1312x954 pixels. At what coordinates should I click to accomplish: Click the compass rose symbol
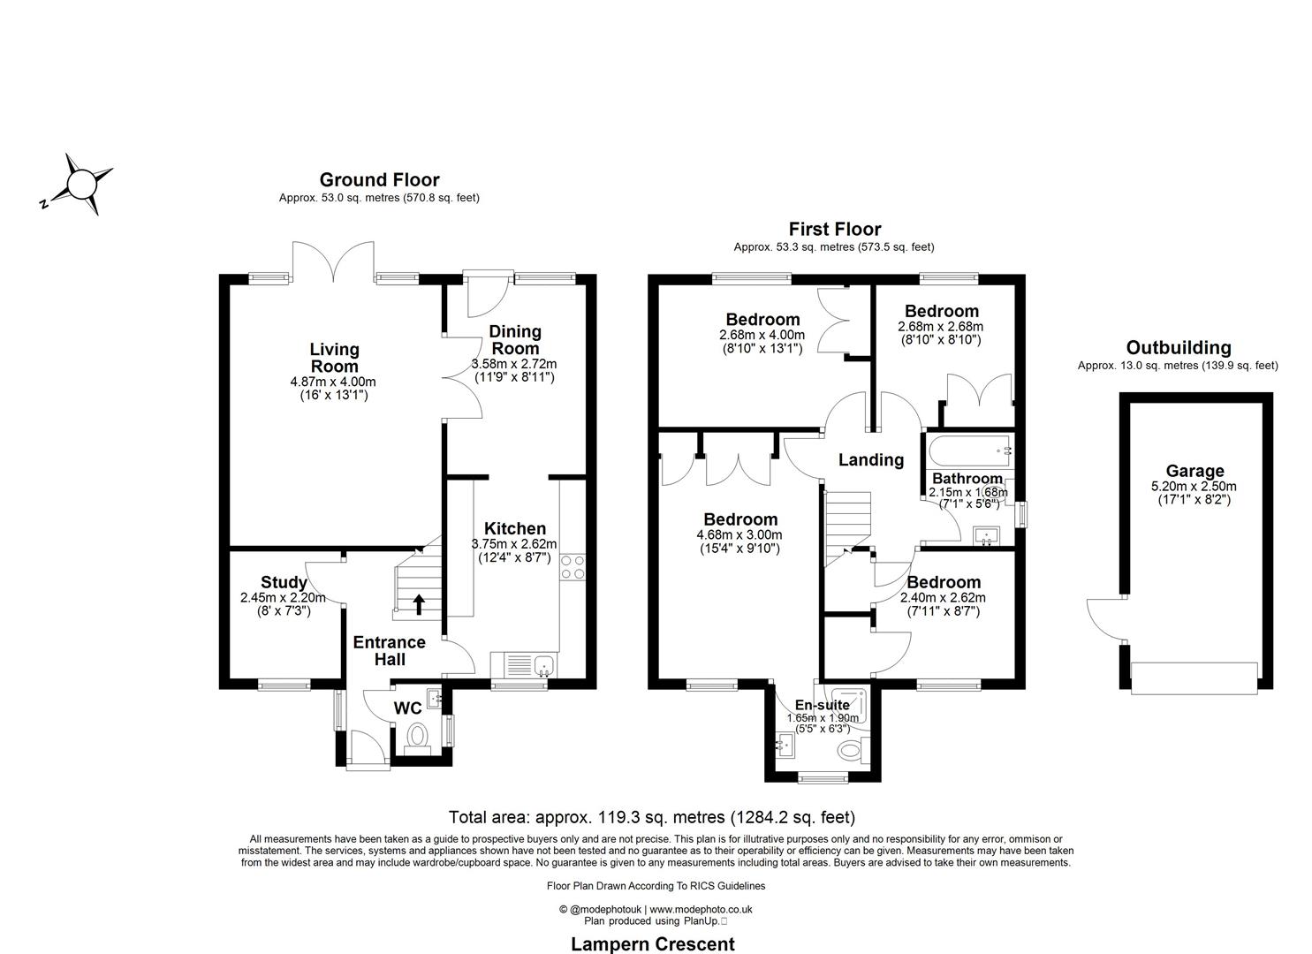[80, 185]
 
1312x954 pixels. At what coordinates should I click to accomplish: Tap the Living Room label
[334, 358]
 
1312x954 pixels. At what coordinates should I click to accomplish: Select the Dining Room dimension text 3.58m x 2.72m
[514, 364]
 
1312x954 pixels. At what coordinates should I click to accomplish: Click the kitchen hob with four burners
[573, 566]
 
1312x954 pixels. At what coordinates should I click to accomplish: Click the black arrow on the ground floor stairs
[418, 604]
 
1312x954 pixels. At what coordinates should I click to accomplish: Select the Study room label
[284, 582]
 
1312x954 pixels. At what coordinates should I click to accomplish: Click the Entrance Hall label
[389, 650]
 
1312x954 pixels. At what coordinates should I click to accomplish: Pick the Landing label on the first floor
[870, 459]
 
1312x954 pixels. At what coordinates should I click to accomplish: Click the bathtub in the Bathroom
[967, 450]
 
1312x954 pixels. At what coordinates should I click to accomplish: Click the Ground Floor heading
[379, 180]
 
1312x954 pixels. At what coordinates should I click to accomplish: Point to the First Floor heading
[834, 230]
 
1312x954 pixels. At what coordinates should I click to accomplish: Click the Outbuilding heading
[1178, 348]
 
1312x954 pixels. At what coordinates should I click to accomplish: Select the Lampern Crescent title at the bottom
[653, 943]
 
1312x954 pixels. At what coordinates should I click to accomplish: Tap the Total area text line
[652, 817]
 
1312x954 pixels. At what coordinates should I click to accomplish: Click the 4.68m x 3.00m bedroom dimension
[740, 534]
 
